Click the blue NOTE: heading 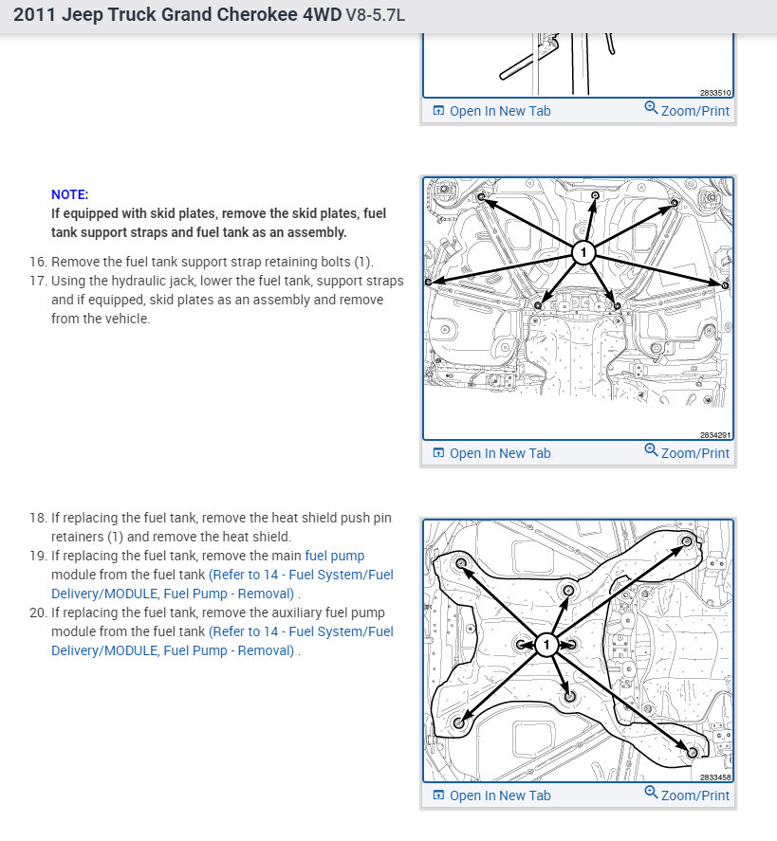click(70, 194)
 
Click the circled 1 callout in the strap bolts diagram click(583, 252)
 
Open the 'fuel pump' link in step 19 click(334, 556)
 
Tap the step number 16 click(38, 262)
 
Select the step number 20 click(38, 612)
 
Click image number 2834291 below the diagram click(714, 436)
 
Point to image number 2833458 click(714, 777)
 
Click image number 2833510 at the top click(714, 94)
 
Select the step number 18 click(38, 518)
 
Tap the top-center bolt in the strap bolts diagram click(594, 195)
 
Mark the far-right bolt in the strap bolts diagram click(726, 284)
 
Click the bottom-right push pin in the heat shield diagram click(692, 752)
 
